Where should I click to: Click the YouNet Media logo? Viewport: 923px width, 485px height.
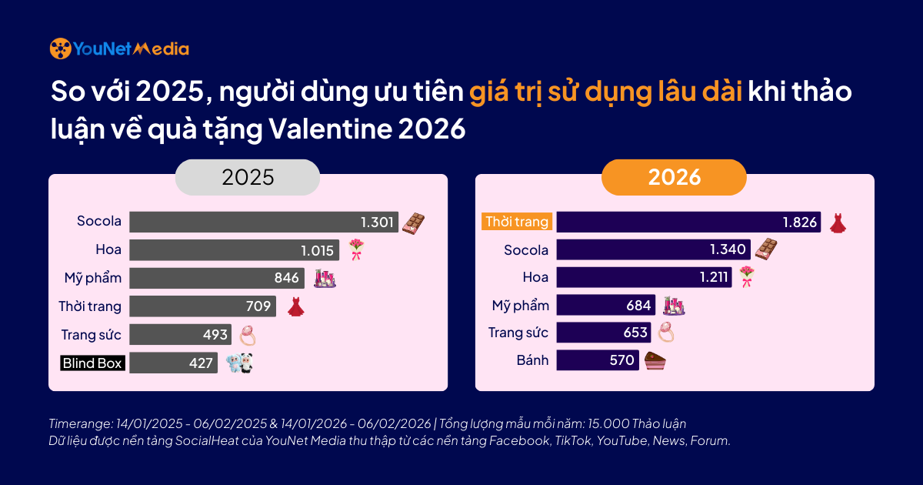[119, 48]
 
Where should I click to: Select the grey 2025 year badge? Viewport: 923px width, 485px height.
[248, 177]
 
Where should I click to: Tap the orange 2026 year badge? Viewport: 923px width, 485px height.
[674, 177]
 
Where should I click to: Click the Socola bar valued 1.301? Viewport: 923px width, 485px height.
[264, 222]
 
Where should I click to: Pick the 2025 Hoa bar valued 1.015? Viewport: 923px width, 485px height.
[234, 250]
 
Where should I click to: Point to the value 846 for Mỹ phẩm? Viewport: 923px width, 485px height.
[287, 278]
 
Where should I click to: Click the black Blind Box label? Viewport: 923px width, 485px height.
[92, 363]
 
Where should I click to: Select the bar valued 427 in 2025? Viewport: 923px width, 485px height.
[173, 363]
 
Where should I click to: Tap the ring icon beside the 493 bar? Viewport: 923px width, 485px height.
[248, 335]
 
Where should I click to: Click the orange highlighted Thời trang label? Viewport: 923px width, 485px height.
[517, 222]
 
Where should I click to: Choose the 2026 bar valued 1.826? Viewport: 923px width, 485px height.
[688, 222]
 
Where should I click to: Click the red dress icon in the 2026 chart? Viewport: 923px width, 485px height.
[838, 223]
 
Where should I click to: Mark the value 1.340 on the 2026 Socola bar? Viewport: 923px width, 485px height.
[727, 249]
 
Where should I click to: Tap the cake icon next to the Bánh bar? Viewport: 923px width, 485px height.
[654, 361]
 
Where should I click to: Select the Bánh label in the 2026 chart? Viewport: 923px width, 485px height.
[531, 360]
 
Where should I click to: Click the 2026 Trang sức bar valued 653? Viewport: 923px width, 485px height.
[603, 333]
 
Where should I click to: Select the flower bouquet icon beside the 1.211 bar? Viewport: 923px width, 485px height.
[747, 277]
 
